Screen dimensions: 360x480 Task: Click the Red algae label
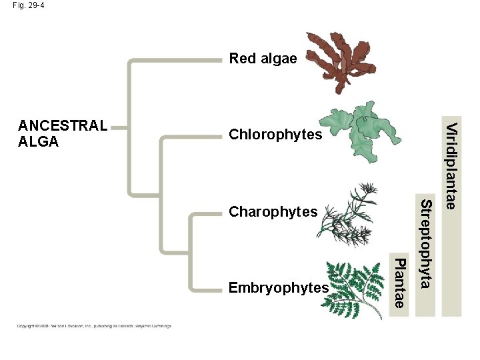tap(263, 59)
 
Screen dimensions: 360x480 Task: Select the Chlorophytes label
tap(275, 135)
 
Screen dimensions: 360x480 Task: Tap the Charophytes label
tap(273, 212)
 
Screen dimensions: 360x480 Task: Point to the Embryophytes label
tap(278, 288)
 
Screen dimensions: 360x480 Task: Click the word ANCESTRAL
tap(63, 125)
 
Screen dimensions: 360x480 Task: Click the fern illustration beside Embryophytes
tap(356, 288)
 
